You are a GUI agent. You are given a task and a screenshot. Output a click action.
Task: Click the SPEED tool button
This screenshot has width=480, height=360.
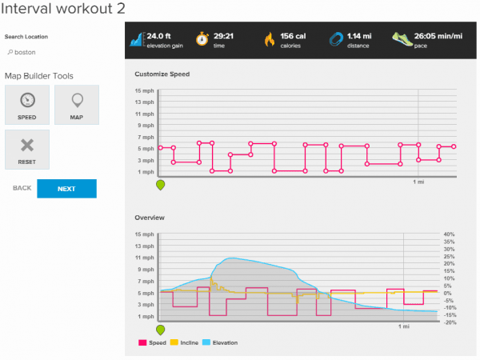(26, 105)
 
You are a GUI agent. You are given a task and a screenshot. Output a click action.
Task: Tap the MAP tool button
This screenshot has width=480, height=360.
(76, 105)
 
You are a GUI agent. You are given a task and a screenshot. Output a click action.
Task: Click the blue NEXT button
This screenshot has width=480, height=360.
(66, 189)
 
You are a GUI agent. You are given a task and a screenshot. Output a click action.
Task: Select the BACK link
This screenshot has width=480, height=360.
(22, 188)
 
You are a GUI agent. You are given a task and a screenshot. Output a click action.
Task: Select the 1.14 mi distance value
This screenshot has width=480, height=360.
(358, 35)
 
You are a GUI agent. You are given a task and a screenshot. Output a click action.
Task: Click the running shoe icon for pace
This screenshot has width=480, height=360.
(402, 38)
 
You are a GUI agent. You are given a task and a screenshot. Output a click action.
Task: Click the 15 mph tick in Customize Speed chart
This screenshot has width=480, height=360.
(144, 90)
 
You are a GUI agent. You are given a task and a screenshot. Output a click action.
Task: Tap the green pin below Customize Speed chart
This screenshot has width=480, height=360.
(161, 185)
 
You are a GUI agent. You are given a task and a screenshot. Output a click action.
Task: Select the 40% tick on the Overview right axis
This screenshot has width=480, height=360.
(450, 234)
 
